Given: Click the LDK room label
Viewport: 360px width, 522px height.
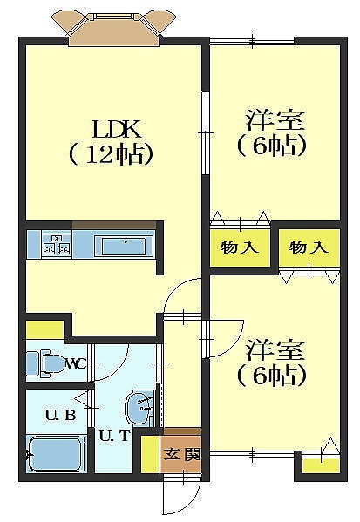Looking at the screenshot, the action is click(117, 129).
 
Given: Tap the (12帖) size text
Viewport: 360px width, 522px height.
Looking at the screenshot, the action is click(111, 153).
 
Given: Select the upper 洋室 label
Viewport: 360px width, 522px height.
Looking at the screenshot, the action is click(275, 119).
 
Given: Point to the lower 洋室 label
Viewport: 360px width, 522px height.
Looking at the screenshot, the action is click(275, 349).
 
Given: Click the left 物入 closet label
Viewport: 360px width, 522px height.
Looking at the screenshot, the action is click(240, 247).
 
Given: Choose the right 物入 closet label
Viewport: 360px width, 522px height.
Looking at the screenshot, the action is click(309, 247).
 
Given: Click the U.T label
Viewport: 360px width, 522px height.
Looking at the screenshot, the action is click(114, 436).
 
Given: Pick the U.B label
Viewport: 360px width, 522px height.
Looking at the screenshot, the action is click(61, 415).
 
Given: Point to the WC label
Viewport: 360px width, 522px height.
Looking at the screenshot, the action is click(76, 363).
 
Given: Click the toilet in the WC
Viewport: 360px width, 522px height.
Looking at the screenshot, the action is click(45, 363).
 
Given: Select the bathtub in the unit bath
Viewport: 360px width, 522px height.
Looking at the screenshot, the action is click(56, 455).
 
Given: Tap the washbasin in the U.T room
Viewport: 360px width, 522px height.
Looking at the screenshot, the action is click(139, 408).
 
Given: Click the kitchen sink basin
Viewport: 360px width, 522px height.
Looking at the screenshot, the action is click(124, 247).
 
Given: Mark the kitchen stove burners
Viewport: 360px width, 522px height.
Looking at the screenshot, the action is click(57, 245).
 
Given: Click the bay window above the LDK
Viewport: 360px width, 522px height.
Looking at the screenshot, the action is click(114, 30).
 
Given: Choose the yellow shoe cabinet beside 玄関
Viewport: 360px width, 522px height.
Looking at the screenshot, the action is click(151, 454).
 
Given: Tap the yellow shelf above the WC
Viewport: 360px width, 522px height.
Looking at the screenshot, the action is click(44, 330).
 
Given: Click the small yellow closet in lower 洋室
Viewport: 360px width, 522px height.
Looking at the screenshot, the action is click(321, 465).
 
